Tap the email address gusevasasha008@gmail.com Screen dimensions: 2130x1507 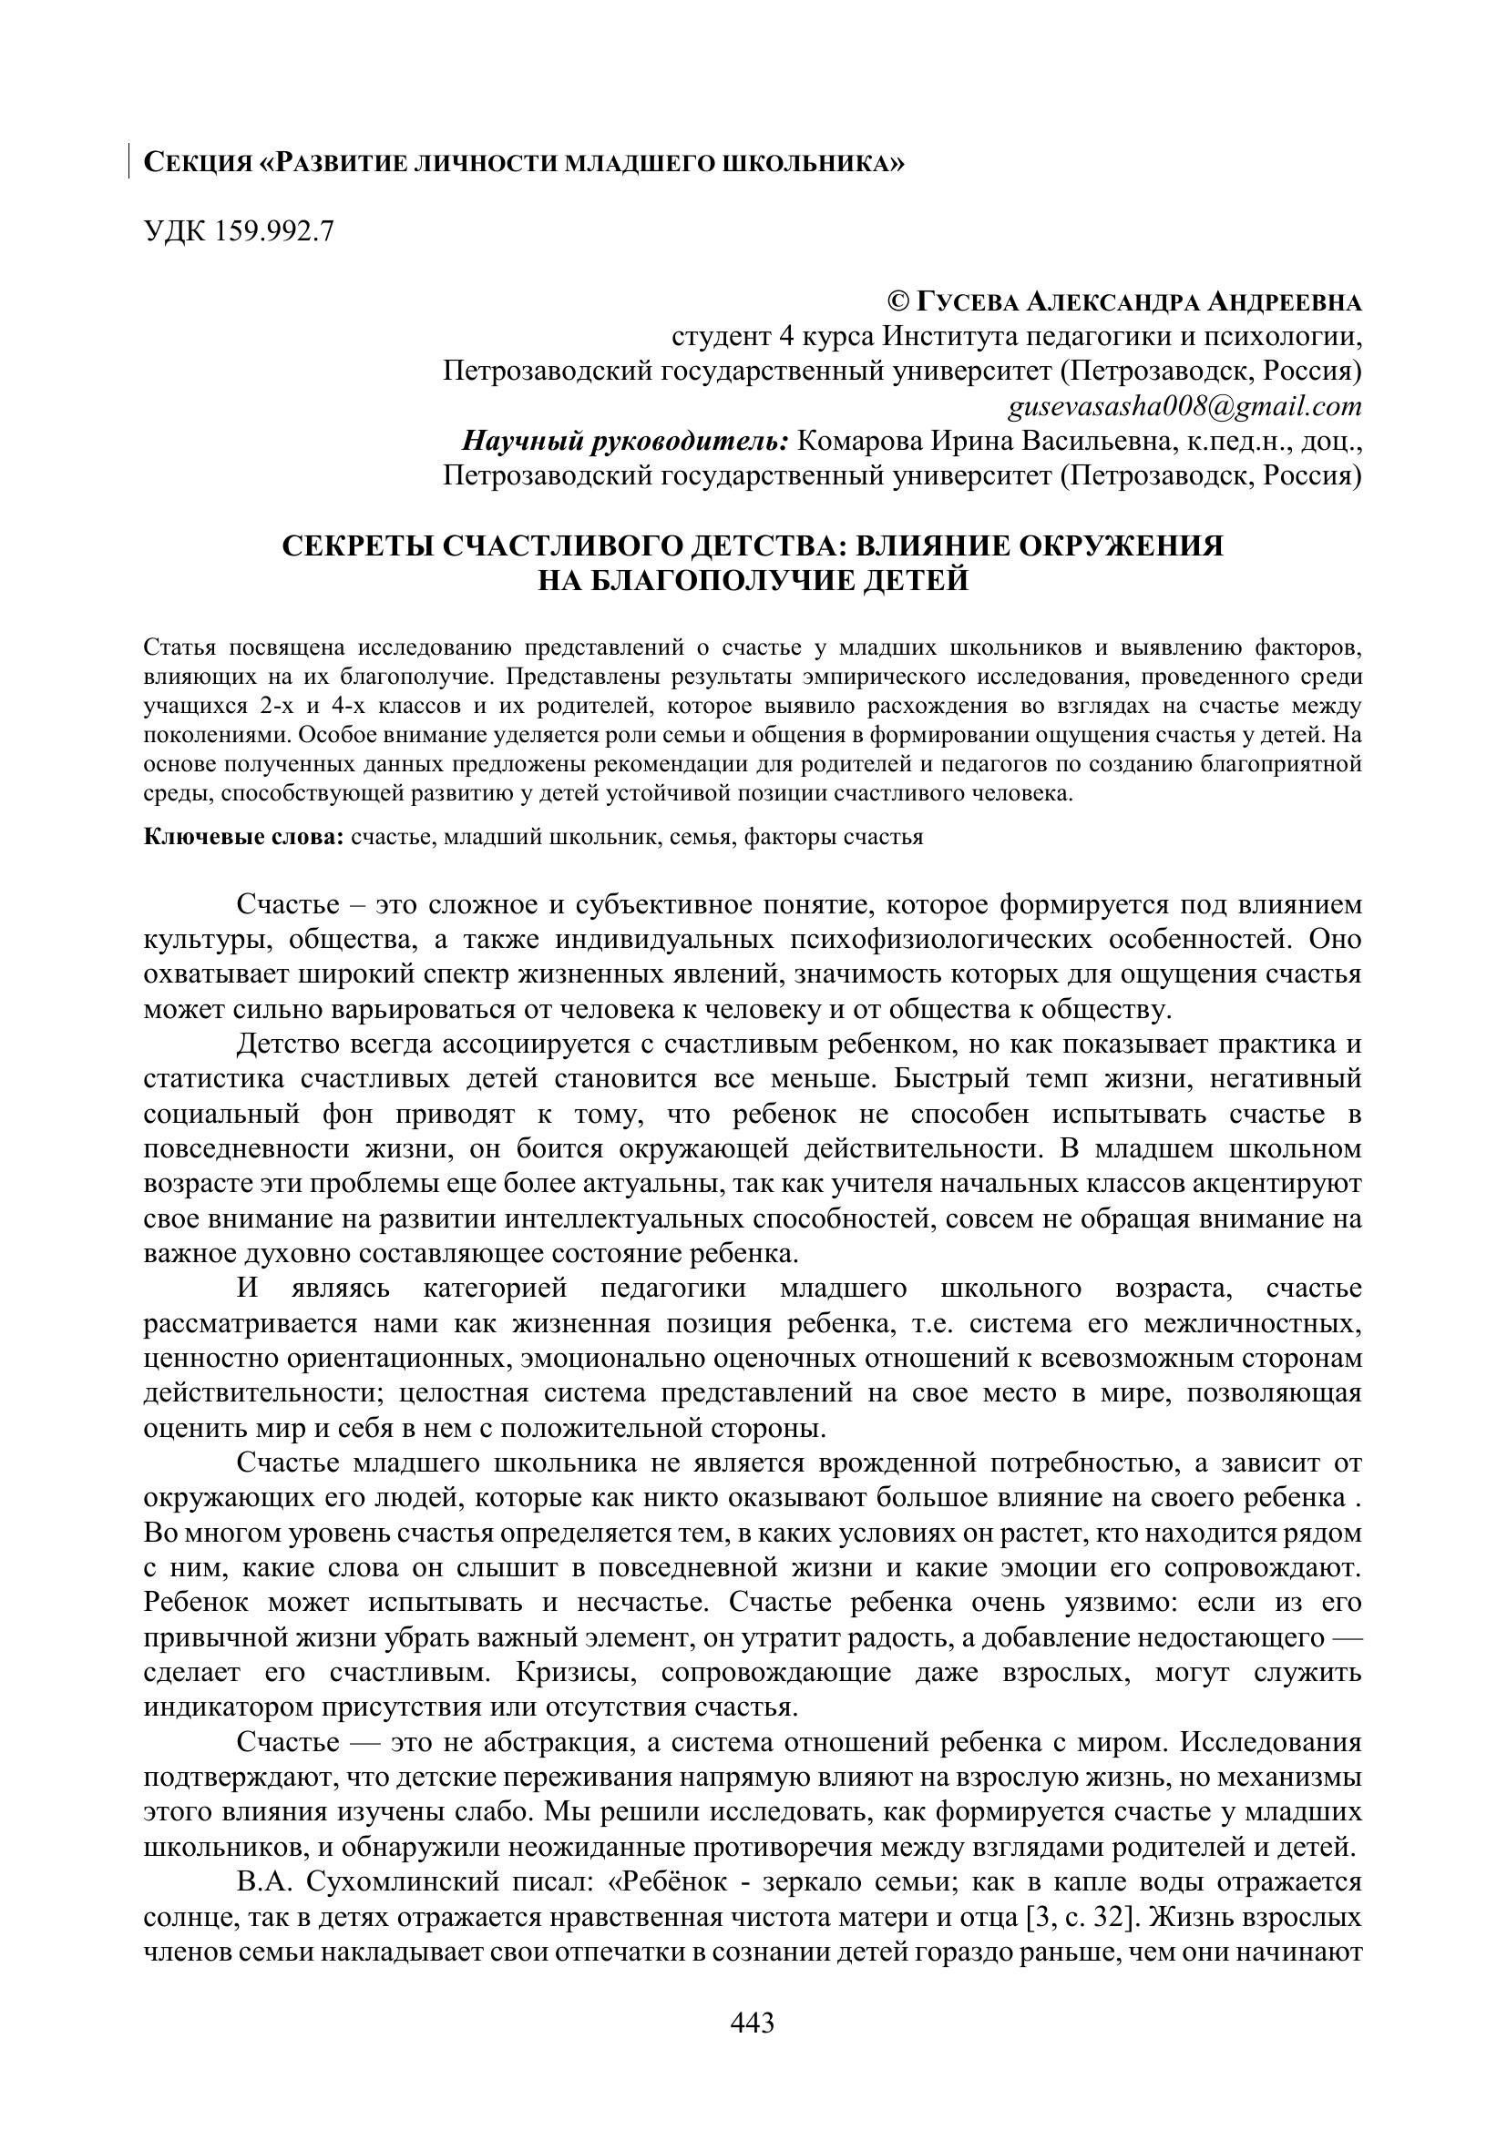pyautogui.click(x=1185, y=406)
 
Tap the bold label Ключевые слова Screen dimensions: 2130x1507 pyautogui.click(x=244, y=837)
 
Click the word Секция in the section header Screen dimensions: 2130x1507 pyautogui.click(x=198, y=163)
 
